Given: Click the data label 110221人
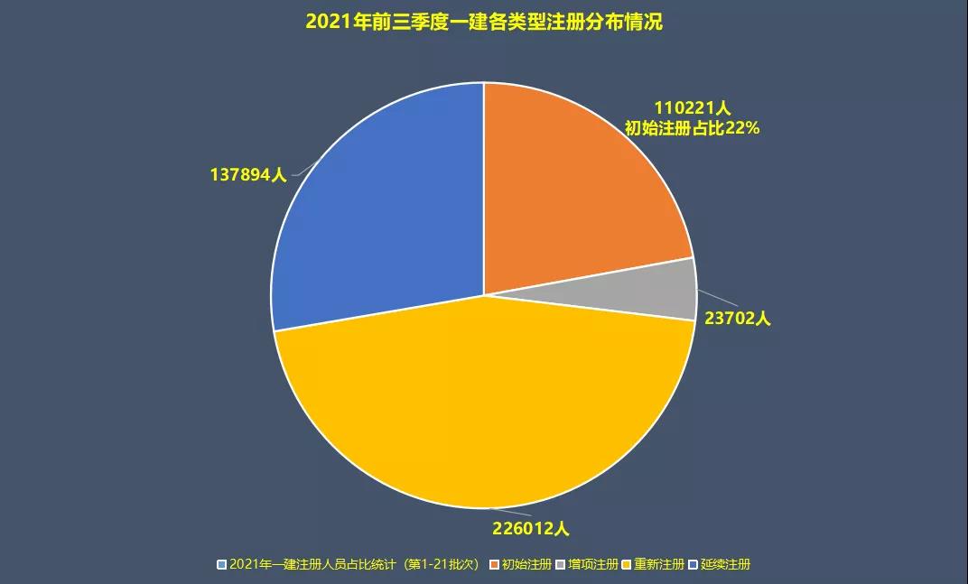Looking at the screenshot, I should coord(692,108).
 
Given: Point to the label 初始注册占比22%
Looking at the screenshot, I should coord(692,128).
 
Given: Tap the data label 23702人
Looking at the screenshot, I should coord(737,319).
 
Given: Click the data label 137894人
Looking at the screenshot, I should coord(247,175).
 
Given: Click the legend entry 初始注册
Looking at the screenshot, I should coord(526,565).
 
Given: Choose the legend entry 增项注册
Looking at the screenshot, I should coord(593,565).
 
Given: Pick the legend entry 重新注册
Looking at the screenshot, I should coord(659,565).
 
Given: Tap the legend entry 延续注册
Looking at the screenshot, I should coord(725,565).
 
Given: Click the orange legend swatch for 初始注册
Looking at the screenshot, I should coord(494,565).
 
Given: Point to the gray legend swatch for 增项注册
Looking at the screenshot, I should coord(561,565).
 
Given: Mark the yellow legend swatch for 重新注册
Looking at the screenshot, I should coord(627,565).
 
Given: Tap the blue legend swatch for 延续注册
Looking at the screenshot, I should coord(693,565).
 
